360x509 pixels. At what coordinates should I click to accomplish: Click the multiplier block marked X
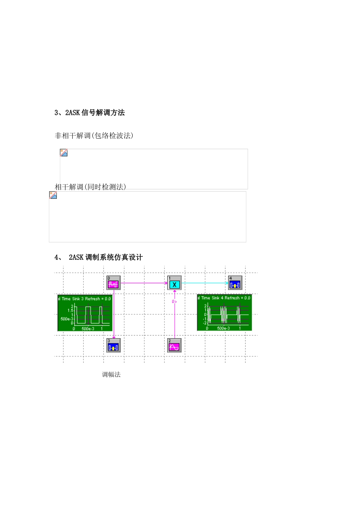[174, 283]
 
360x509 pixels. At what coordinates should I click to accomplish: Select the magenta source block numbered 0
[113, 283]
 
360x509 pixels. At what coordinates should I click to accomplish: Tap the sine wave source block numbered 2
[174, 345]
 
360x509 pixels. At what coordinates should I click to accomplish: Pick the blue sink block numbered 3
[113, 345]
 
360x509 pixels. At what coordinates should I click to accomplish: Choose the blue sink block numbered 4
[235, 283]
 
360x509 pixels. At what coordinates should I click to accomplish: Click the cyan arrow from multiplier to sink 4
[205, 283]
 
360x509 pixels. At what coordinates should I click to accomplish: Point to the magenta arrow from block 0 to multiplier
[144, 283]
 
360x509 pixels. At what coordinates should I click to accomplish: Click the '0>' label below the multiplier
[174, 302]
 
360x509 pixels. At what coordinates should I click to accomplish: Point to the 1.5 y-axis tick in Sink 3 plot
[70, 311]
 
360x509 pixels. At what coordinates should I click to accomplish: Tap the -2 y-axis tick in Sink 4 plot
[205, 323]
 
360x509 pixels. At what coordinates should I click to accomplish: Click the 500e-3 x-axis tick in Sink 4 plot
[223, 328]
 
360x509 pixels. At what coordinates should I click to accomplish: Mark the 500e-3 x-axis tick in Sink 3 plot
[88, 329]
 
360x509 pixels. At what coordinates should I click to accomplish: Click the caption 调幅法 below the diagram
[111, 375]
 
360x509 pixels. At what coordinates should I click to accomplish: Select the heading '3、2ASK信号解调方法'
[90, 112]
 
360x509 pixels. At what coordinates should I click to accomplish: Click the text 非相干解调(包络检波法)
[94, 136]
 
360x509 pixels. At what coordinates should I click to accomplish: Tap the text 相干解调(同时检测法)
[90, 187]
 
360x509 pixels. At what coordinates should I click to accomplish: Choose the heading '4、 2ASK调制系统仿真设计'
[99, 258]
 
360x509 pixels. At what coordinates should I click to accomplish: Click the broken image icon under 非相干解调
[64, 153]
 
